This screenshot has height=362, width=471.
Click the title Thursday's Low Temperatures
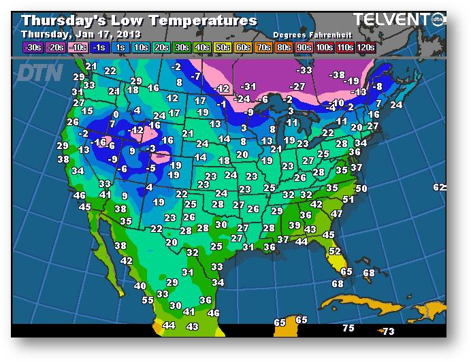point(139,20)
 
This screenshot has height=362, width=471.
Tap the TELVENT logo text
point(391,20)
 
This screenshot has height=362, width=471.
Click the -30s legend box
point(32,47)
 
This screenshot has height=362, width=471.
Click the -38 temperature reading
point(337,76)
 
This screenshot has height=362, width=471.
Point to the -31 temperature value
point(248,86)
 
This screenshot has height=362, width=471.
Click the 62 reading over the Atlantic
point(439,187)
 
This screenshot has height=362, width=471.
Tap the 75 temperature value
point(348,328)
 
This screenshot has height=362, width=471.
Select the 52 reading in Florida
point(335,251)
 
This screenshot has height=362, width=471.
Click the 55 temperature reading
point(148,299)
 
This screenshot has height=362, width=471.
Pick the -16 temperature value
point(99,142)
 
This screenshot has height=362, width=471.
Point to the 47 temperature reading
point(336,214)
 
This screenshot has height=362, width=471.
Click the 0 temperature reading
point(116,114)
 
